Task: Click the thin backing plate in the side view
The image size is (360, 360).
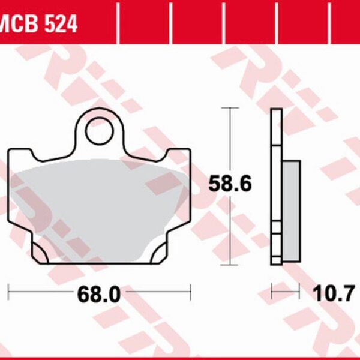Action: pyautogui.click(x=276, y=186)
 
